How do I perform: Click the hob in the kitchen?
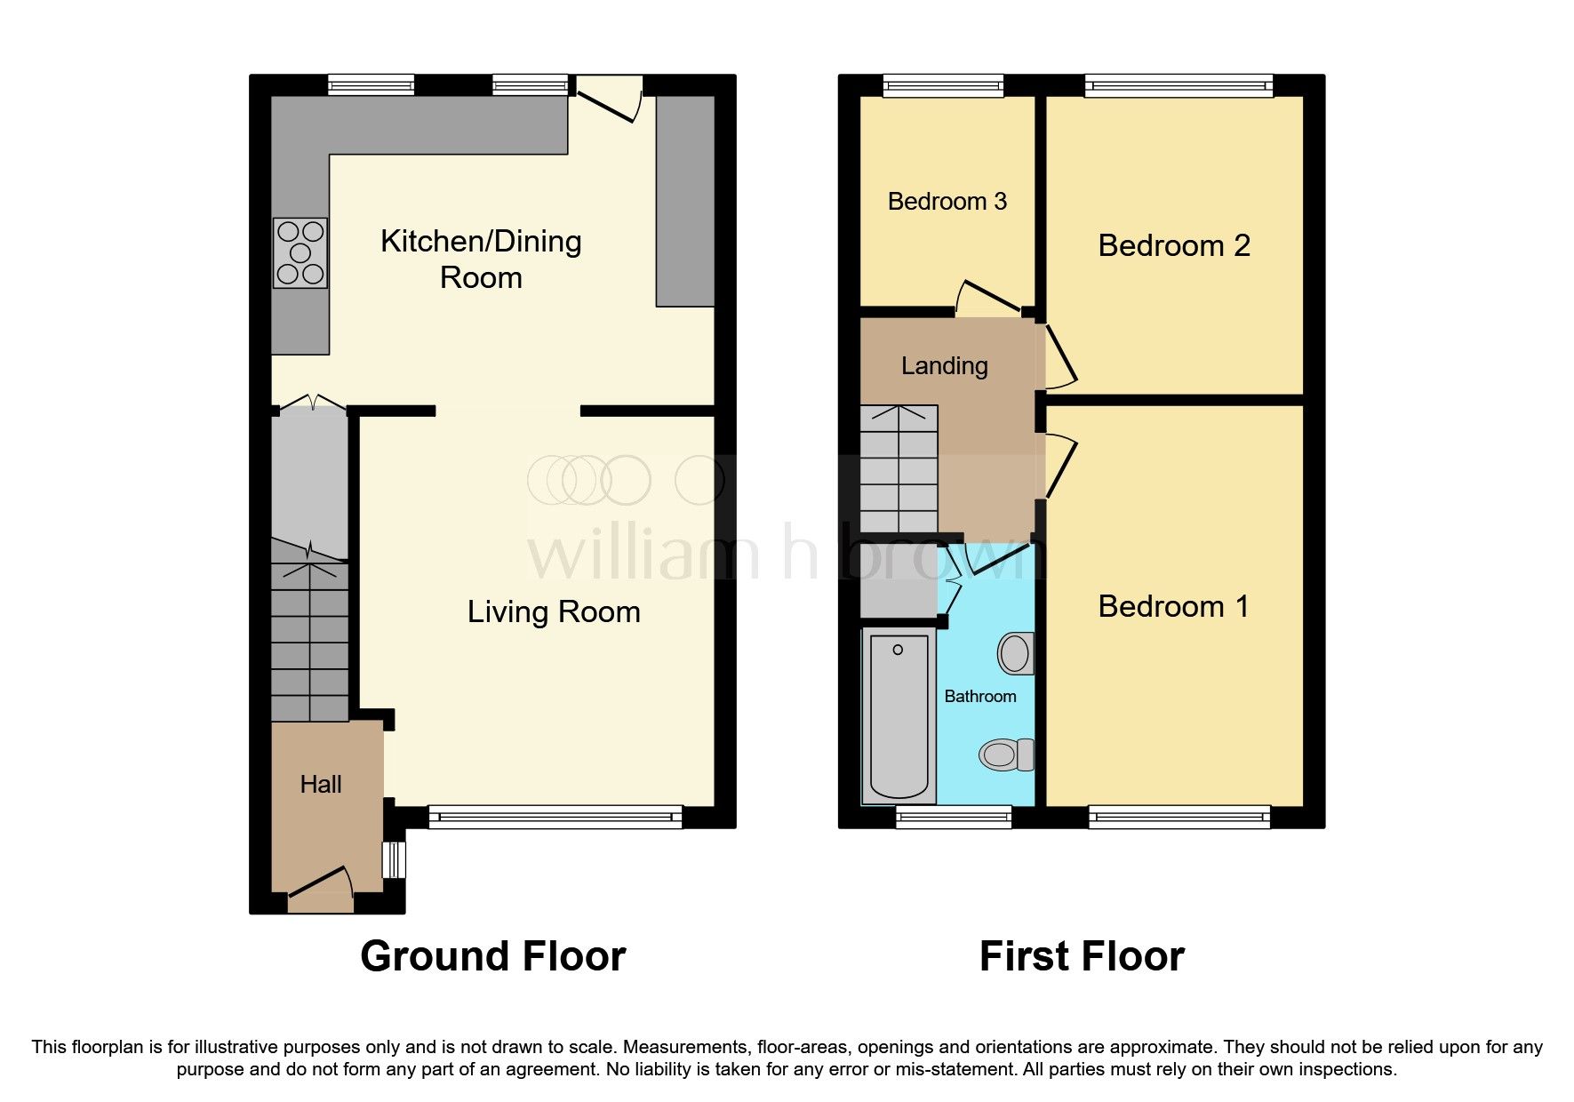(x=300, y=253)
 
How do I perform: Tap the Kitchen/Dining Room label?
(x=481, y=259)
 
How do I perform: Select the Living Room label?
(x=554, y=611)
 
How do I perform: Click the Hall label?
(x=321, y=784)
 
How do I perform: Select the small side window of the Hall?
(x=394, y=859)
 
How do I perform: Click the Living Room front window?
(x=555, y=817)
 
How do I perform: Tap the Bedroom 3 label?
(x=947, y=202)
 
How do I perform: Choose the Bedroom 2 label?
(x=1174, y=245)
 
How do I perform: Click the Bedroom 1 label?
(x=1174, y=606)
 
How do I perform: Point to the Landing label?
(x=944, y=365)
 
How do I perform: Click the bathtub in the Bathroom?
(x=899, y=715)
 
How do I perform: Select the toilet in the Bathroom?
(x=1008, y=755)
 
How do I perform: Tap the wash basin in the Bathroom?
(x=1016, y=654)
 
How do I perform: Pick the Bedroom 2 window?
(x=1179, y=85)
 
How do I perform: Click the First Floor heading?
(x=1082, y=956)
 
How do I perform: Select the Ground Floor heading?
(x=493, y=956)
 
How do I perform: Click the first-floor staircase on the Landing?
(x=899, y=469)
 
